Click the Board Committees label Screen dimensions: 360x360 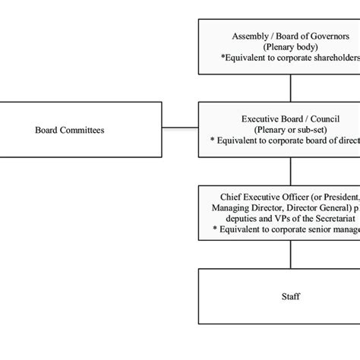(x=70, y=130)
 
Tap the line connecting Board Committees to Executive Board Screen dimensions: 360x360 (x=180, y=128)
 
